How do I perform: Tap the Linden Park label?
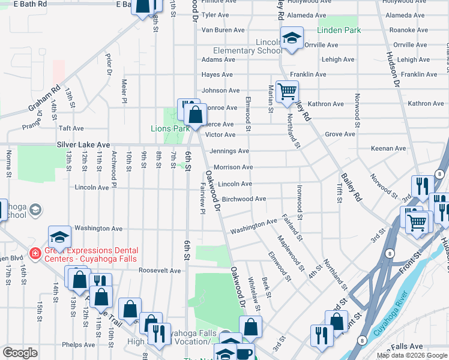click(339, 30)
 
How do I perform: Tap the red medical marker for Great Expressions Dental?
click(35, 254)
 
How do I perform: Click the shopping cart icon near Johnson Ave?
click(288, 91)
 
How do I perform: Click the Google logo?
click(20, 353)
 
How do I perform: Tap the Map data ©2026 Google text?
click(412, 355)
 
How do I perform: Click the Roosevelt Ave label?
click(160, 271)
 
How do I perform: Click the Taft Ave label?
click(71, 128)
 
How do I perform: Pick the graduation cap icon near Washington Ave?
click(59, 236)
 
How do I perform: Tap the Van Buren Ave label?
click(223, 30)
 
